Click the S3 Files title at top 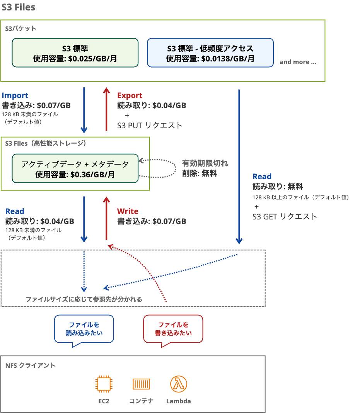click(19, 7)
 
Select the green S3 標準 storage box click(75, 53)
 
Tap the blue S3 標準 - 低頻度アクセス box click(210, 53)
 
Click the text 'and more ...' click(298, 62)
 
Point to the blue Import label click(15, 95)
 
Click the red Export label click(130, 95)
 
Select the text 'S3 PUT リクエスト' click(149, 126)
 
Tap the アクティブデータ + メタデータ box click(75, 169)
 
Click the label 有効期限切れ click(205, 164)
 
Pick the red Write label click(128, 211)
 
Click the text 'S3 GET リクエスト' click(285, 216)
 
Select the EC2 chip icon click(104, 384)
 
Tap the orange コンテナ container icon click(141, 384)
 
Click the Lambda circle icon click(178, 384)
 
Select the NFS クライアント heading click(31, 365)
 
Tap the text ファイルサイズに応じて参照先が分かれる click(84, 299)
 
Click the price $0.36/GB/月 click(92, 174)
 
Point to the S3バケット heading click(21, 28)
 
